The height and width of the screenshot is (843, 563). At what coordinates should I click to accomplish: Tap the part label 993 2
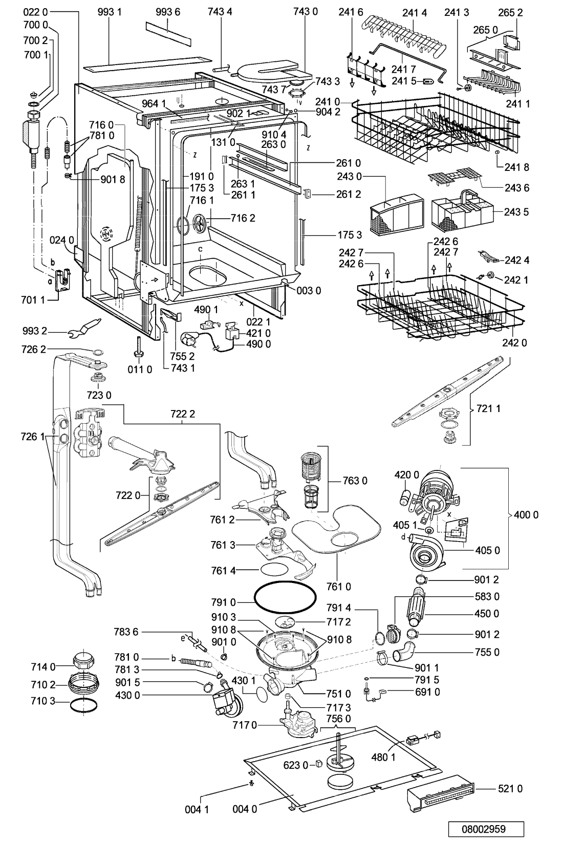click(35, 331)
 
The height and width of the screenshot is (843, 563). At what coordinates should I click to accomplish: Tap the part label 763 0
click(355, 481)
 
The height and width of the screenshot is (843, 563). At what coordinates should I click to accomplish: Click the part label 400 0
click(526, 514)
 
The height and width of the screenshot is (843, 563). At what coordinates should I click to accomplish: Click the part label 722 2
click(182, 414)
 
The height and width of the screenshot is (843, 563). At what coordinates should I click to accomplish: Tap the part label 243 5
click(517, 212)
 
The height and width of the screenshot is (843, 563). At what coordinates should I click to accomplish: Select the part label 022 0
click(35, 12)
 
